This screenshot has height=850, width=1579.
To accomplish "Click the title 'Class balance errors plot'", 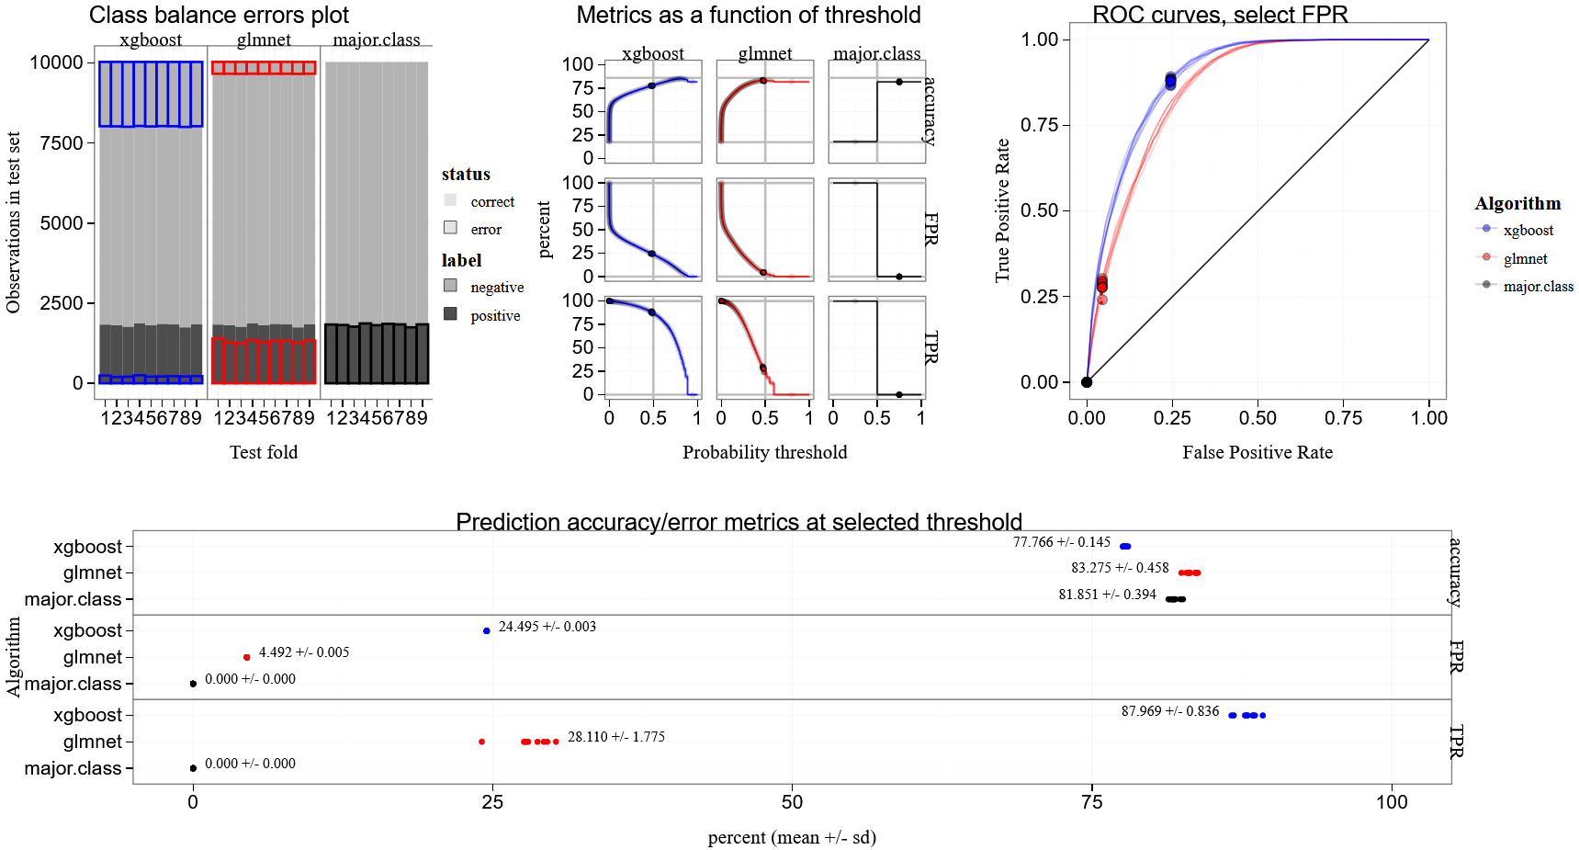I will click(219, 15).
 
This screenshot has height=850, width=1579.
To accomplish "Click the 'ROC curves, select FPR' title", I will click(1220, 15).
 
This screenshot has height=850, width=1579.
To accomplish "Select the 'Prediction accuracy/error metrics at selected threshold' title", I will click(739, 522).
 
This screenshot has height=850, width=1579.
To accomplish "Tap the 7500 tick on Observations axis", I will click(62, 142).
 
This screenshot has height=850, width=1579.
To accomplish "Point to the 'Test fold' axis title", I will click(264, 452).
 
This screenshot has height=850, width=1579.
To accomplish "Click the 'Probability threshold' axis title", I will click(764, 452).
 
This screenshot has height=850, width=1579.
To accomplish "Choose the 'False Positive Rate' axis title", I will click(1257, 452).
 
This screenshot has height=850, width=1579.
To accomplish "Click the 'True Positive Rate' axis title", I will click(1002, 210).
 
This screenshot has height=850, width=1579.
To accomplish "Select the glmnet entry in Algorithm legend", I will click(1525, 258).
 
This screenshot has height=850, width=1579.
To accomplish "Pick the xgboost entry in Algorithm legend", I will click(1528, 230).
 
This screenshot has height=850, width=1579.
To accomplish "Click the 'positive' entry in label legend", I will click(495, 315).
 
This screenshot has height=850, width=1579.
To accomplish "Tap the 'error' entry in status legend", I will click(486, 229).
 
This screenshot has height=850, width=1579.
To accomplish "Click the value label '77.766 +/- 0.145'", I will click(1061, 542).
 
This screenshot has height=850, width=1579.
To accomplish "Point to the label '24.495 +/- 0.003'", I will click(547, 627).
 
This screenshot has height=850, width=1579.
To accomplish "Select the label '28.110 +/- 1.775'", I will click(615, 737).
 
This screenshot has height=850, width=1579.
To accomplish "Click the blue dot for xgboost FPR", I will click(487, 630).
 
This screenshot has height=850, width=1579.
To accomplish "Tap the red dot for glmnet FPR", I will click(247, 657).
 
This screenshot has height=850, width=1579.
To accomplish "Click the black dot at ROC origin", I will click(1087, 382).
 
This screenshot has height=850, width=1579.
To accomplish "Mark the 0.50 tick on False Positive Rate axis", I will click(1258, 418).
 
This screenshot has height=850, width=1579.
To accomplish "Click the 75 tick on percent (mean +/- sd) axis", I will click(1091, 801).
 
